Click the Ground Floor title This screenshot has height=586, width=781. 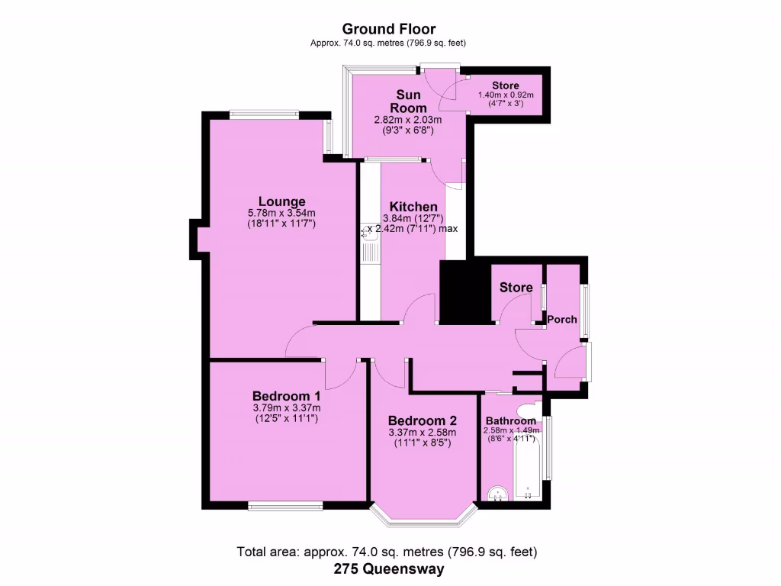(x=389, y=30)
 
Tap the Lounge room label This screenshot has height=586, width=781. (x=281, y=202)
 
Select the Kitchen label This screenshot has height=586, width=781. (x=413, y=207)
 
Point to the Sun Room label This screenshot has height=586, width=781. (x=408, y=101)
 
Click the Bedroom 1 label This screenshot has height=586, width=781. (x=286, y=397)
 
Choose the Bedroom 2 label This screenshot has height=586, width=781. (x=422, y=421)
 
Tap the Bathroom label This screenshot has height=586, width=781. (x=511, y=421)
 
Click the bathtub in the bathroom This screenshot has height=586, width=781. (x=527, y=463)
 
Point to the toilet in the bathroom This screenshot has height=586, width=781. (x=528, y=410)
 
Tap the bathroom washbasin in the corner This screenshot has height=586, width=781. (x=497, y=494)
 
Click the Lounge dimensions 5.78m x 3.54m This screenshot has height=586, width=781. (x=281, y=214)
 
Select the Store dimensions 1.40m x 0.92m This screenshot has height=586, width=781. (x=505, y=95)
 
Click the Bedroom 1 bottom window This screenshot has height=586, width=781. (x=284, y=505)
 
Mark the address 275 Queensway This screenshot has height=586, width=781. (x=389, y=568)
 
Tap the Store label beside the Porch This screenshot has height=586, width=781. (x=516, y=288)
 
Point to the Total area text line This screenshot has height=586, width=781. (x=389, y=551)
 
